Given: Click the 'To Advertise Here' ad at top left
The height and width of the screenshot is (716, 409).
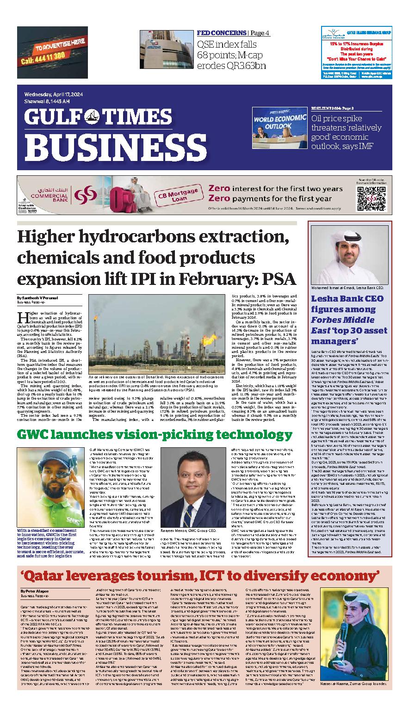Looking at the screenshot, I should pyautogui.click(x=52, y=52).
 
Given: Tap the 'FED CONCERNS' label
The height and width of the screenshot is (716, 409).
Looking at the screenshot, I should pyautogui.click(x=221, y=33).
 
